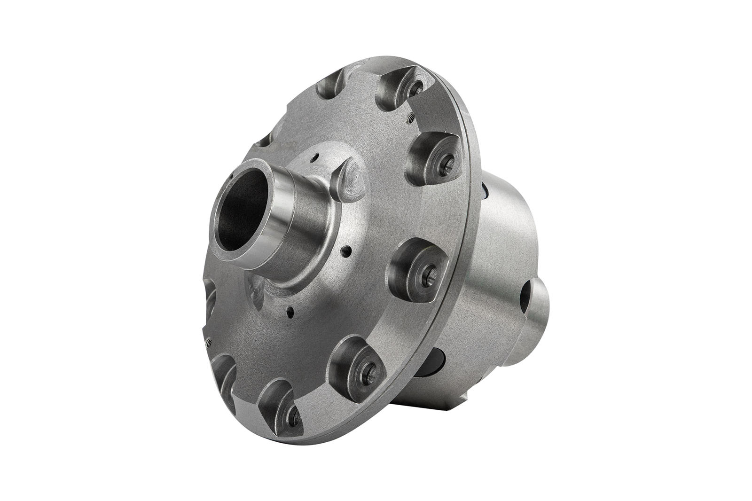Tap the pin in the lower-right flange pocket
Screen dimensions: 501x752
coord(368,374)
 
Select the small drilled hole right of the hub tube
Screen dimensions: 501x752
coord(346,250)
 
